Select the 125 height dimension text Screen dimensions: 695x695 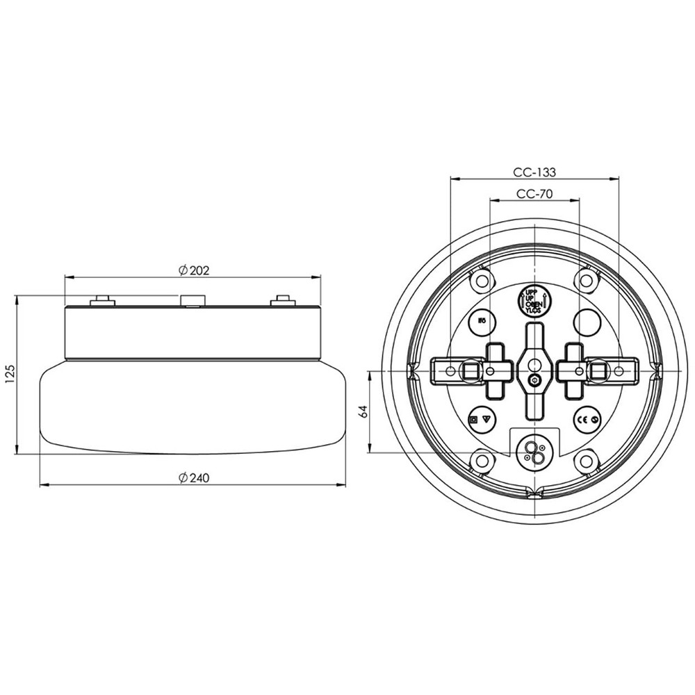(x=9, y=375)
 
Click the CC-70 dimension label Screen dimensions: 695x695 (x=534, y=195)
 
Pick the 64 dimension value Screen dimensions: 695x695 (x=363, y=411)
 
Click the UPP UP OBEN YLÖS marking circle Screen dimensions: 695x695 (x=533, y=301)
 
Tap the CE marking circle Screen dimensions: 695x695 (x=586, y=420)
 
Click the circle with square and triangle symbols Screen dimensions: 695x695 (x=481, y=420)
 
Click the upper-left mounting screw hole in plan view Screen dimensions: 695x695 (x=480, y=281)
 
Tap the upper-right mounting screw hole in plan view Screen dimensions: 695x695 (x=587, y=281)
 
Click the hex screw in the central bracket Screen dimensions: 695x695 (x=533, y=380)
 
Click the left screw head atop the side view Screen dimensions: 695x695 (x=103, y=300)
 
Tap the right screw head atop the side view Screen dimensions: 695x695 (x=281, y=300)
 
